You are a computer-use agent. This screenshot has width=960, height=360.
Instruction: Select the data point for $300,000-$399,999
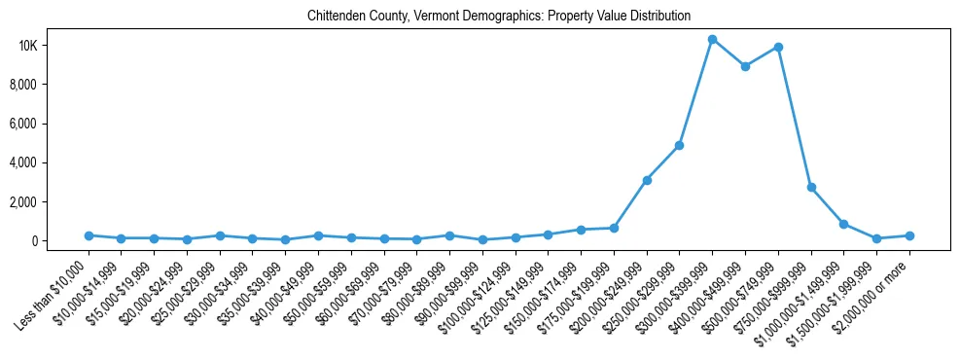click(x=712, y=40)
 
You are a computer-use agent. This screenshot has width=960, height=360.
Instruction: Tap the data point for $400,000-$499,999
click(x=745, y=66)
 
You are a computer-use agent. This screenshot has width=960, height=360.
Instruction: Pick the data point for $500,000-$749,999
click(x=778, y=47)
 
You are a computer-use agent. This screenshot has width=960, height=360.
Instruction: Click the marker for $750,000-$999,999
click(x=811, y=187)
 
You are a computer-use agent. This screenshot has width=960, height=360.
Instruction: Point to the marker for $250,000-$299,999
click(x=679, y=145)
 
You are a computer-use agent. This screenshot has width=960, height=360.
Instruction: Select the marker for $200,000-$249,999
click(x=647, y=180)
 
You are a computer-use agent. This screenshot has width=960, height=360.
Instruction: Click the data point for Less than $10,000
click(x=89, y=235)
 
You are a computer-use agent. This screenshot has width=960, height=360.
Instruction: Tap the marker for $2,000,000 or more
click(x=909, y=235)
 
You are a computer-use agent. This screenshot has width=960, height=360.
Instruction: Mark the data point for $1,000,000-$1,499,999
click(x=843, y=224)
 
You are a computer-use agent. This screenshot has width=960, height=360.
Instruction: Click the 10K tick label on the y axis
click(x=54, y=46)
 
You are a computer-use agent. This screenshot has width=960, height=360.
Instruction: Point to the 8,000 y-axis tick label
click(x=49, y=85)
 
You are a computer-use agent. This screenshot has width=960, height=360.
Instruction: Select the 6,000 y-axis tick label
click(x=49, y=124)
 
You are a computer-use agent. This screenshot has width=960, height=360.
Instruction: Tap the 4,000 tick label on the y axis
click(x=49, y=162)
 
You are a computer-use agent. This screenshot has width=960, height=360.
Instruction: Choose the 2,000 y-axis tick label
click(x=49, y=201)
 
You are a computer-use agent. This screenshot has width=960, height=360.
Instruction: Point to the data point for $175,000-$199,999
click(x=614, y=228)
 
